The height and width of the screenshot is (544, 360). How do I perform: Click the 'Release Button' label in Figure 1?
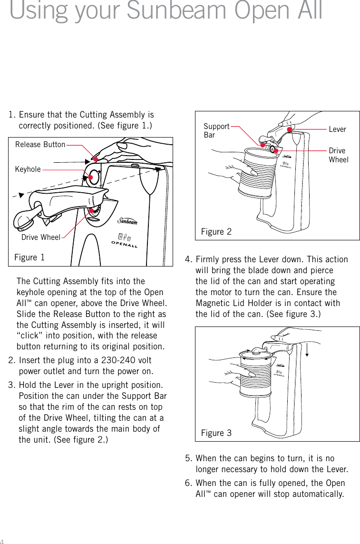40,144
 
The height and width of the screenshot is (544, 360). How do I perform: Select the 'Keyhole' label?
28,169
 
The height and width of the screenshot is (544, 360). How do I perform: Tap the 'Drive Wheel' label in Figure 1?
41,237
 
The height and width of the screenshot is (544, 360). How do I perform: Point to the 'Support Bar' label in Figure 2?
216,131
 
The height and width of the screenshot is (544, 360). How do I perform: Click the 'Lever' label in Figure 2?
337,129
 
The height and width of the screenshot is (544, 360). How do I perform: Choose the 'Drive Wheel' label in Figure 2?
338,155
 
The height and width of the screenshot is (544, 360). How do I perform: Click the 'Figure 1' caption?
29,257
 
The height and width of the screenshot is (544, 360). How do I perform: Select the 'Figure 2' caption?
216,232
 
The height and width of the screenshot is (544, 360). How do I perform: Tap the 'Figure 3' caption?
216,433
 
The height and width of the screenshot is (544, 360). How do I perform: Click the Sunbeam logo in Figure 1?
127,221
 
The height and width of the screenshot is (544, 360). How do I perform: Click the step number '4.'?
189,259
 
